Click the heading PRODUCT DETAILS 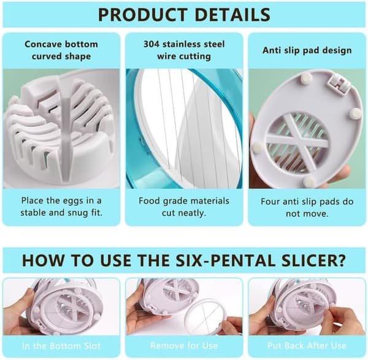point(184,15)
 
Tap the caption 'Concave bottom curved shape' point(61,50)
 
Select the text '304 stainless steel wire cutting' point(184,50)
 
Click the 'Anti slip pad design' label point(307,50)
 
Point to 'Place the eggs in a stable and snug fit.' point(61,207)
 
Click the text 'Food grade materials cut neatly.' point(184,207)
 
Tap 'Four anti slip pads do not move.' point(307,207)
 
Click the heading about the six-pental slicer point(184,260)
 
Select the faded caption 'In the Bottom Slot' point(61,346)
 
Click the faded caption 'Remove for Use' point(184,346)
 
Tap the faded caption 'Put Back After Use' point(307,346)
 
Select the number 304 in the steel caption point(151,44)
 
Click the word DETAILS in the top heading point(232,15)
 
